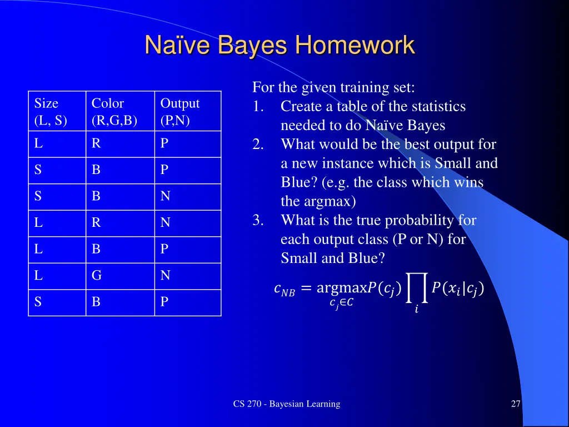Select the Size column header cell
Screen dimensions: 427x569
click(x=57, y=112)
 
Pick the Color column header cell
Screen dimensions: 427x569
click(x=119, y=112)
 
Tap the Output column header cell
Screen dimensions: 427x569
click(x=187, y=112)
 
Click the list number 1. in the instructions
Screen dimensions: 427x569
click(x=258, y=106)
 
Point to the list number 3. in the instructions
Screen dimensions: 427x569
click(x=258, y=220)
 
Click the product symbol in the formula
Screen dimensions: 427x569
click(x=417, y=286)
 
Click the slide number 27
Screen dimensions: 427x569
click(x=516, y=404)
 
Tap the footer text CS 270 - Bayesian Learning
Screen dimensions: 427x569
click(x=286, y=404)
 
